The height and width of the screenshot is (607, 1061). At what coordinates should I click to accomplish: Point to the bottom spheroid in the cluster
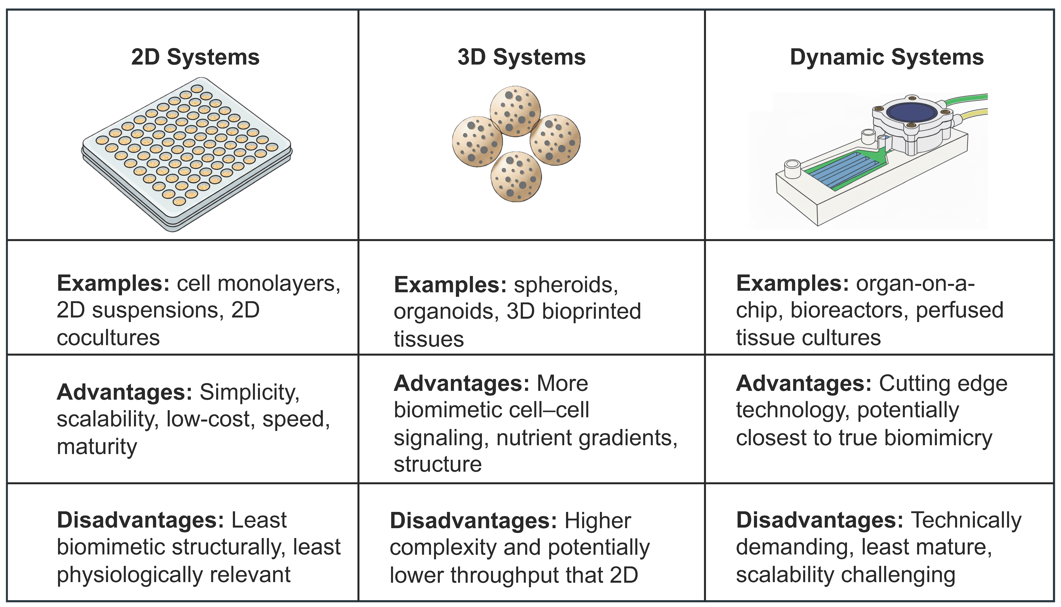tap(516, 177)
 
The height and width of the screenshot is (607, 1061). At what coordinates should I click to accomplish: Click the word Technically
tap(966, 520)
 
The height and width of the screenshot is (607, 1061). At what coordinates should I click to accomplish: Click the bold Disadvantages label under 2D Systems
tap(141, 520)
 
